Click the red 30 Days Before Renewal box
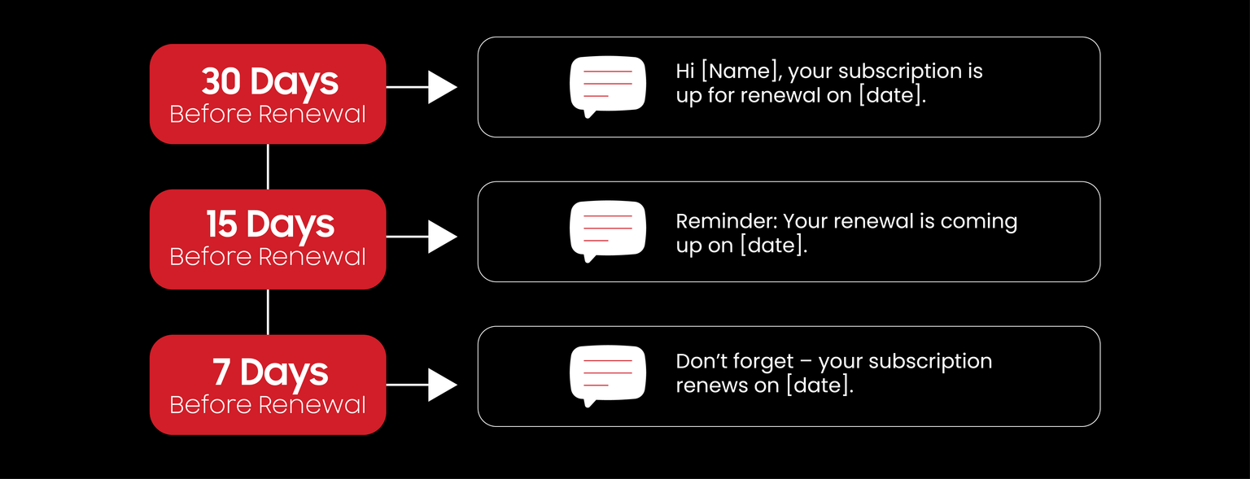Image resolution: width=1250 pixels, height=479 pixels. click(x=268, y=94)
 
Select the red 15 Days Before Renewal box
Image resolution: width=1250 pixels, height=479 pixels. click(x=268, y=239)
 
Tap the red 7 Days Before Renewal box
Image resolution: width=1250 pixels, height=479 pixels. click(x=268, y=385)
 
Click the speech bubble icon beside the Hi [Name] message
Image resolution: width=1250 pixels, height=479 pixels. click(x=608, y=85)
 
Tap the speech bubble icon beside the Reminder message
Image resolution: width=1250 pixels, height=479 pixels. click(x=608, y=230)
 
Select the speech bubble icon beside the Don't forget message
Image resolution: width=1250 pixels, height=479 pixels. click(x=608, y=375)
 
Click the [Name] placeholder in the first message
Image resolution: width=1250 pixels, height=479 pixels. click(x=741, y=72)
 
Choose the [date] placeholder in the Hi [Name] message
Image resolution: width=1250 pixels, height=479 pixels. click(x=893, y=95)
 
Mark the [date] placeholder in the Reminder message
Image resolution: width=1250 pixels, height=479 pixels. click(x=773, y=246)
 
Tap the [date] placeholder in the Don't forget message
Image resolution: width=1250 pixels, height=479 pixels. click(x=819, y=385)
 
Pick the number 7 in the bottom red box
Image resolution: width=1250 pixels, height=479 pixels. click(x=222, y=372)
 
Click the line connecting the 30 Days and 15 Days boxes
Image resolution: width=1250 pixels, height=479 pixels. click(x=268, y=167)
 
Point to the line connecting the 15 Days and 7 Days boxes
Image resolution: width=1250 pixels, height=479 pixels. click(x=268, y=311)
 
